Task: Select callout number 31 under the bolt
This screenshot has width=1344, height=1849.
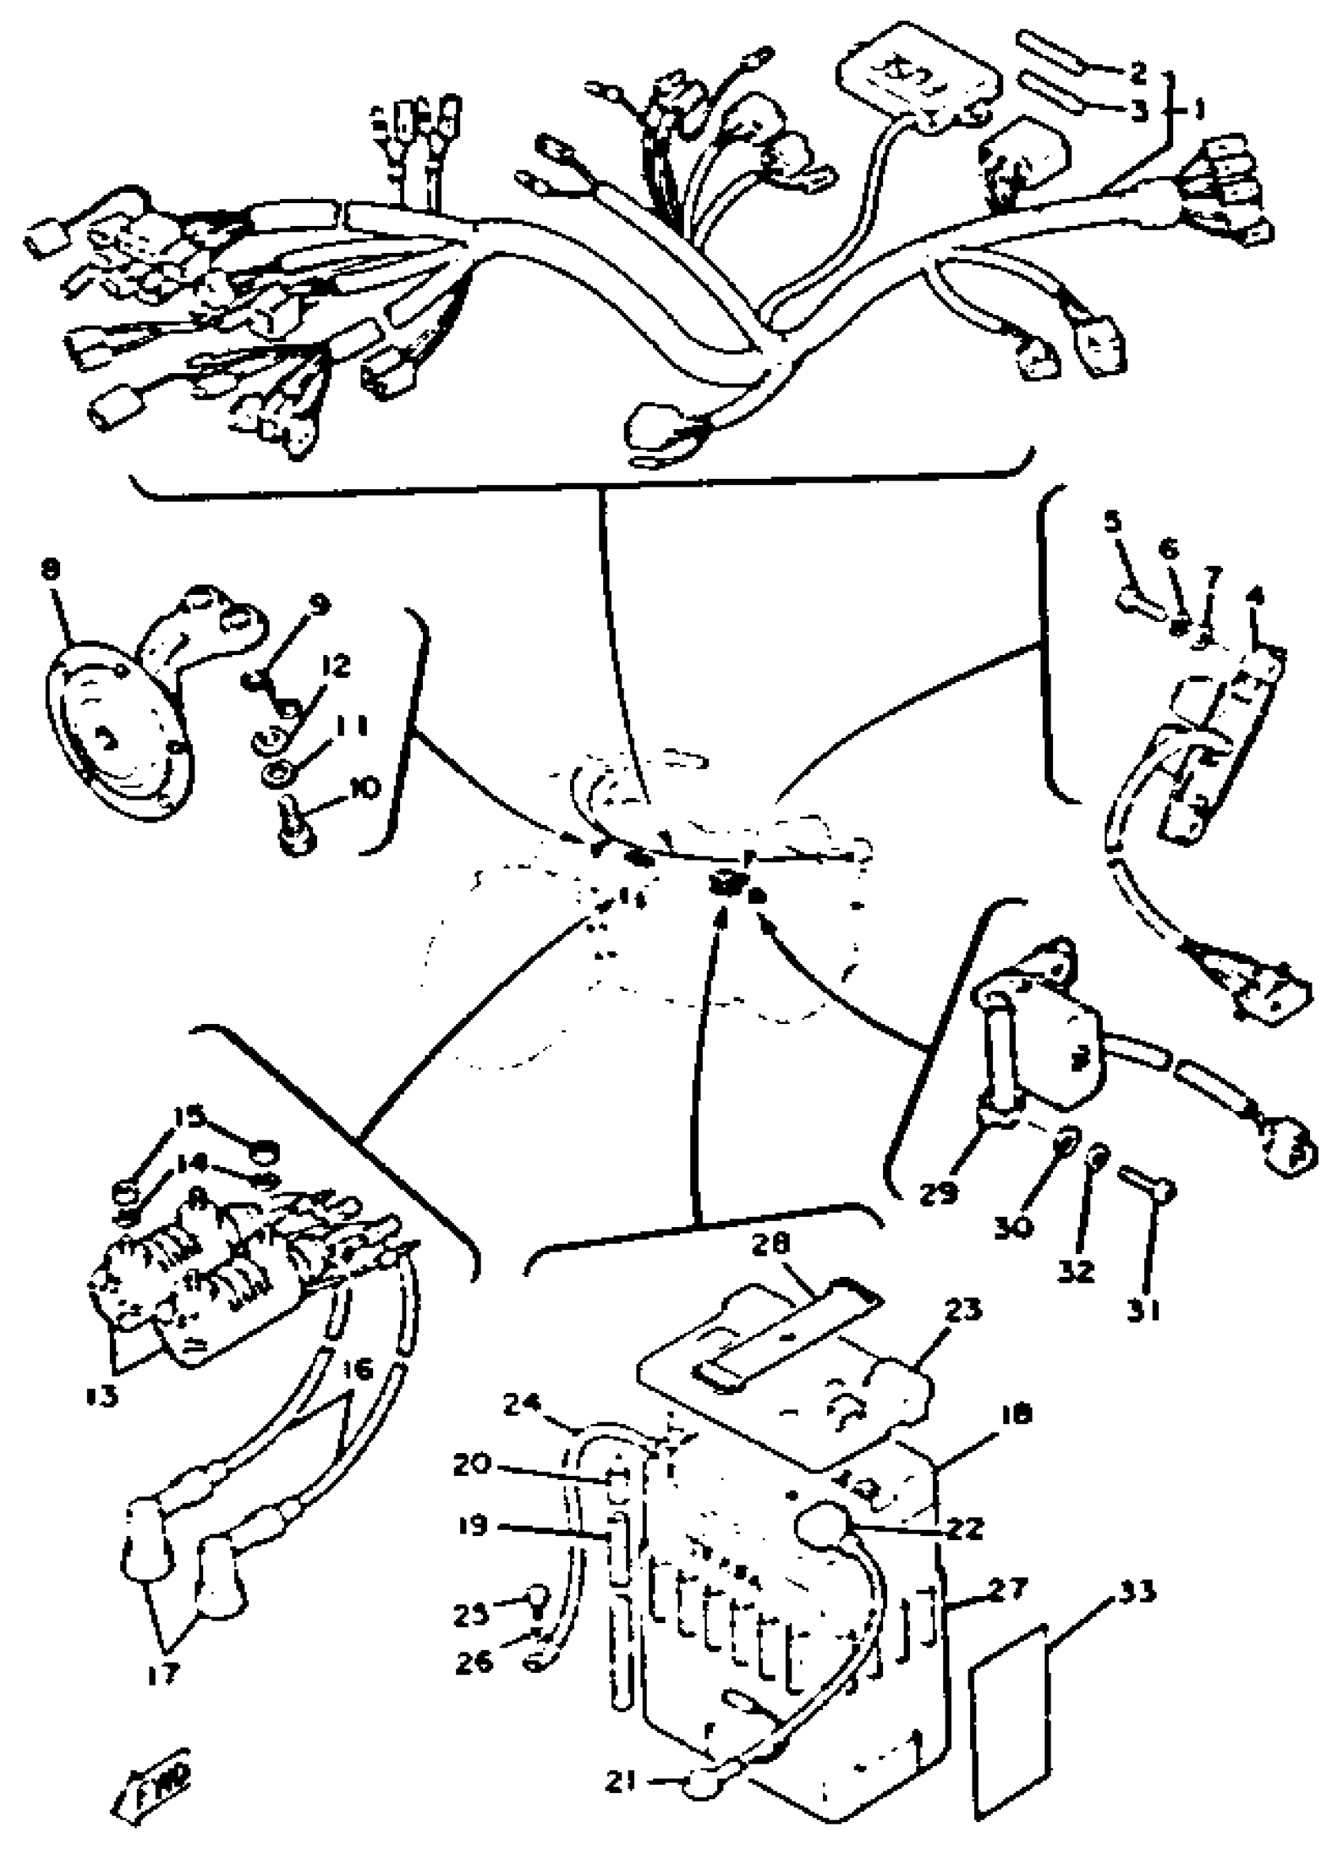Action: pyautogui.click(x=1142, y=1310)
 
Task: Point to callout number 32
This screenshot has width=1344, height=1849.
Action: pyautogui.click(x=1076, y=1270)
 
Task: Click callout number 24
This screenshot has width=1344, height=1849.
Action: pyautogui.click(x=523, y=1405)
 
